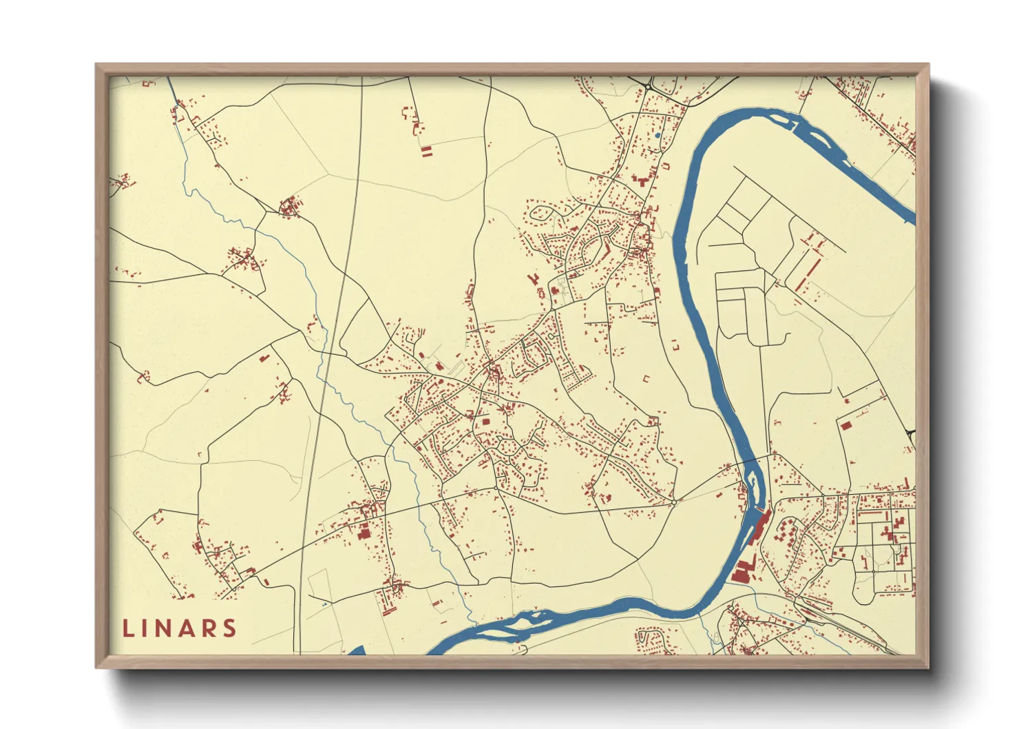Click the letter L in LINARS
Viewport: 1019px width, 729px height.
click(x=128, y=628)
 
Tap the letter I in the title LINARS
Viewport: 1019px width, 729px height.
click(x=145, y=628)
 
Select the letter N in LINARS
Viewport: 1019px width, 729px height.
click(x=165, y=628)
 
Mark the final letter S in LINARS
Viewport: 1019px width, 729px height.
click(x=230, y=628)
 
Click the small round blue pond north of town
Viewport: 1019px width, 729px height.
click(x=658, y=136)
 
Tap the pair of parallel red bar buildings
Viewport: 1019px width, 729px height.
click(x=426, y=152)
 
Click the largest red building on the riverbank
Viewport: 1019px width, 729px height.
click(x=742, y=572)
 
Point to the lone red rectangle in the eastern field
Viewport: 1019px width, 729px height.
click(x=846, y=425)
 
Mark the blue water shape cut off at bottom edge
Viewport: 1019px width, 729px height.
click(x=356, y=650)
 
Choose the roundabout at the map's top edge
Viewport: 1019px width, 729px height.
click(x=648, y=85)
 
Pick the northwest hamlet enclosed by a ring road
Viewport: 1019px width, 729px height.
click(x=289, y=207)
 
